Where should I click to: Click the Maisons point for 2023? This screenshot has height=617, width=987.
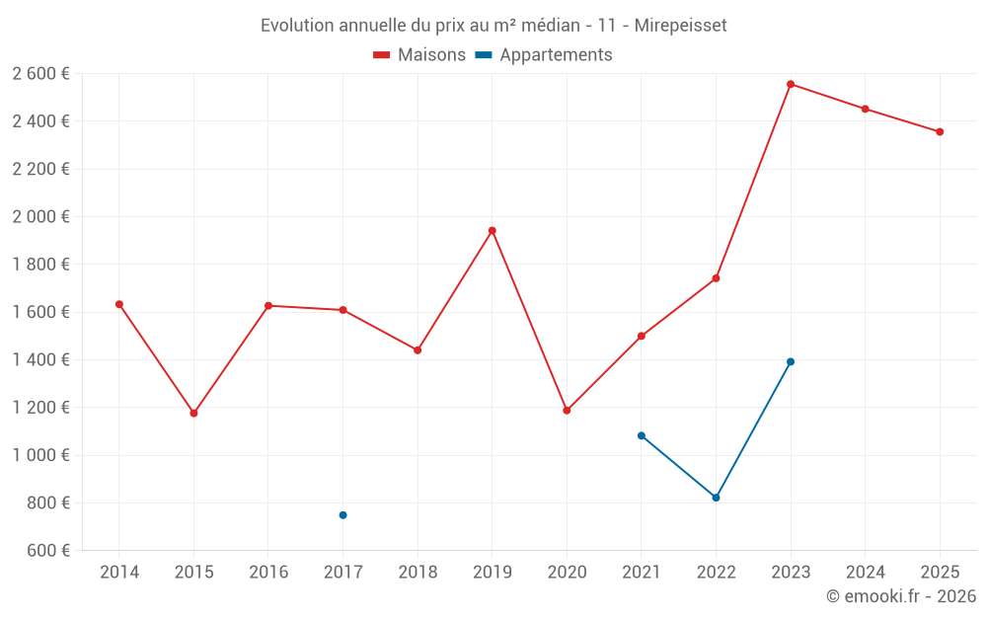(791, 84)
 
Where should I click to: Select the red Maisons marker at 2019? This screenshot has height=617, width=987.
(493, 231)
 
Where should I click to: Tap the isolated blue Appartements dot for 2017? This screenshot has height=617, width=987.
(343, 515)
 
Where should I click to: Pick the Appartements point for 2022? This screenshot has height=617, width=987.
(716, 498)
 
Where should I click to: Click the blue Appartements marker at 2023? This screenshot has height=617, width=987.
(791, 361)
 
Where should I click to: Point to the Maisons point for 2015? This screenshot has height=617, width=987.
(193, 414)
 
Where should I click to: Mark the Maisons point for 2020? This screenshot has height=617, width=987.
(567, 411)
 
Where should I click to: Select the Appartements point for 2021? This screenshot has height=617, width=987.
(642, 435)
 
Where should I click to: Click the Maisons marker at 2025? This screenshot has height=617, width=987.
(940, 131)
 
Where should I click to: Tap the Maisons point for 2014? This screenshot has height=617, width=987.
(119, 304)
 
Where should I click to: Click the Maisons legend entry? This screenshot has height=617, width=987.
(419, 55)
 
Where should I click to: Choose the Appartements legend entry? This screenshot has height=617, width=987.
(544, 55)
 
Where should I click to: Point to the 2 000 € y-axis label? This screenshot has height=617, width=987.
(40, 216)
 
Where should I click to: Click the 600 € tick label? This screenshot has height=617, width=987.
(46, 550)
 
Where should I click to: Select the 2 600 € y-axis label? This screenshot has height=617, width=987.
(40, 73)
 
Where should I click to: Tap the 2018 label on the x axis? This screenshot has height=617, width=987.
(418, 572)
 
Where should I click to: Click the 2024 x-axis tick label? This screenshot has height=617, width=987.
(865, 572)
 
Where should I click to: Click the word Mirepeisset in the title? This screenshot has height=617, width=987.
(680, 26)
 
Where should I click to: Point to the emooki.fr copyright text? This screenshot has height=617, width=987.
(900, 596)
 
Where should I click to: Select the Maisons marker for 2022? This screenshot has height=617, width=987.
(716, 278)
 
